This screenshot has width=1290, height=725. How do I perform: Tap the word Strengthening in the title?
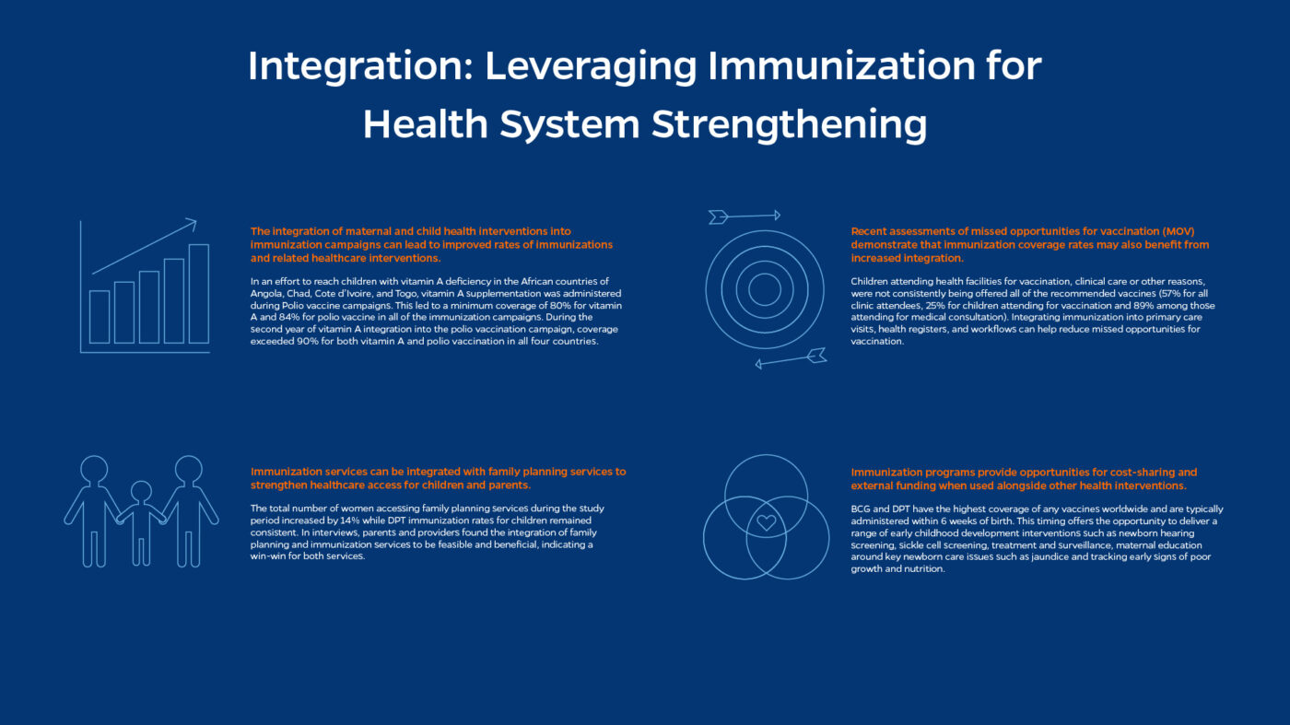click(x=789, y=124)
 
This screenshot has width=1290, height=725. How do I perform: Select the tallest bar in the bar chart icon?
click(x=198, y=293)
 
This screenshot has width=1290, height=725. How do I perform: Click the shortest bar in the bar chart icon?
click(x=100, y=316)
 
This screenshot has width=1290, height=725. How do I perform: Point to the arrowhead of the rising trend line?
click(x=193, y=221)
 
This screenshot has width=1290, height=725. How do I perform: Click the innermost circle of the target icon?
click(x=765, y=289)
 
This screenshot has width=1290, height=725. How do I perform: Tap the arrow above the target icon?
click(x=744, y=216)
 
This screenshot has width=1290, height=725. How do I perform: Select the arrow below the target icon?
click(x=791, y=359)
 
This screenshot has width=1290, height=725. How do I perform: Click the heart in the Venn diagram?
click(x=766, y=523)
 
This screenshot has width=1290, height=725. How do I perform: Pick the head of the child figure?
click(x=141, y=490)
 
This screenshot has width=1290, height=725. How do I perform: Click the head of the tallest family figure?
click(x=189, y=469)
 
